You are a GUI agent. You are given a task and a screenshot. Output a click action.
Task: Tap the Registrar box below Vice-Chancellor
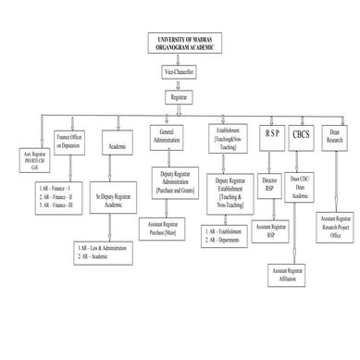click(180, 95)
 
